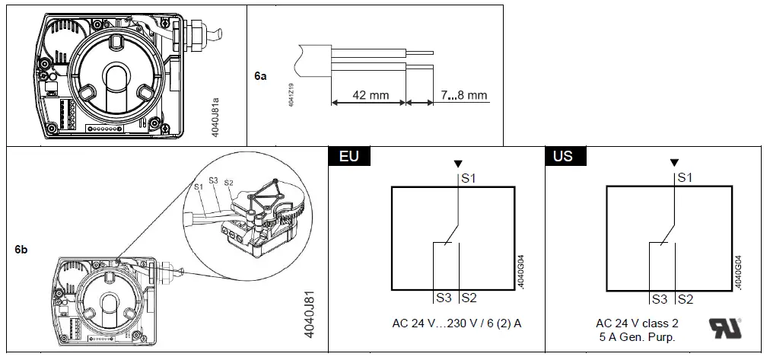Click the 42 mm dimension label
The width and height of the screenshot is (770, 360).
pos(368,95)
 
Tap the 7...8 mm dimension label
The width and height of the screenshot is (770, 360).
pos(463,95)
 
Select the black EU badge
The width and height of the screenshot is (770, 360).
pos(348,157)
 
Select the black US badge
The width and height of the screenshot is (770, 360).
pos(564,157)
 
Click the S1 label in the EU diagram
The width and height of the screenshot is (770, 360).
pos(469,177)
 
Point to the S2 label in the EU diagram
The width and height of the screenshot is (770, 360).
pos(469,298)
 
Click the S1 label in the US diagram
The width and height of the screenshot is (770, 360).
pos(684,177)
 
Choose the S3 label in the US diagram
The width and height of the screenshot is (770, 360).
pos(659,299)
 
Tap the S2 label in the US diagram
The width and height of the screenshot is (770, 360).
pos(685,299)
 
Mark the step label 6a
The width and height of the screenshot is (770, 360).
pos(261,77)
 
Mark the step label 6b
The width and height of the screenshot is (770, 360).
pos(21,249)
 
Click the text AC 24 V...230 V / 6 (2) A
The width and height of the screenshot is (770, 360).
pos(454,323)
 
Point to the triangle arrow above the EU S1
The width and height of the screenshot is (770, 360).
pos(457,163)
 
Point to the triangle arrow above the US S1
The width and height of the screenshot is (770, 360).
pos(673,163)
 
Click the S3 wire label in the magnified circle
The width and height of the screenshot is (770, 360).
pos(212,180)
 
